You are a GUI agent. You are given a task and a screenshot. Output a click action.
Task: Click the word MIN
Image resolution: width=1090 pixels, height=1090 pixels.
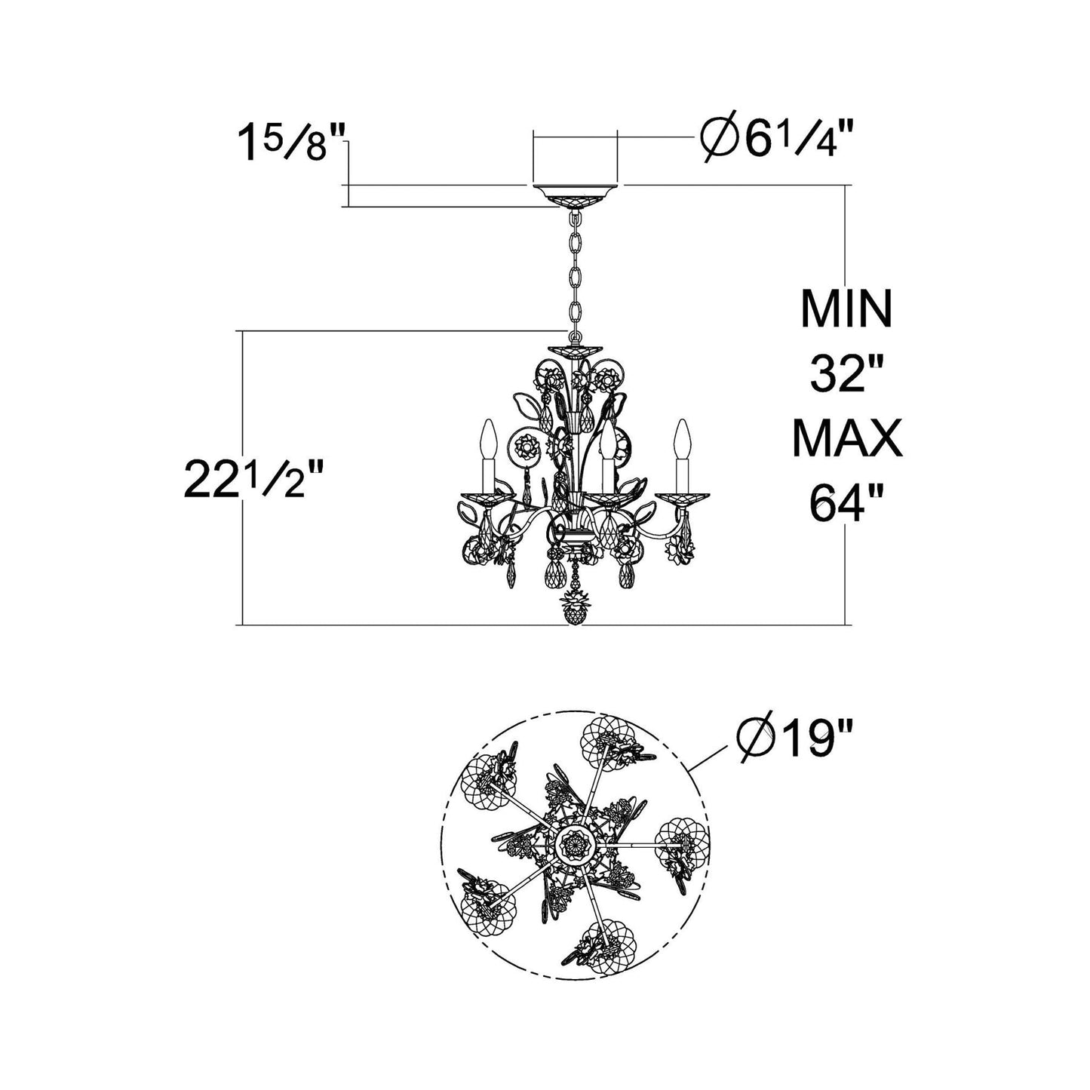point(846,309)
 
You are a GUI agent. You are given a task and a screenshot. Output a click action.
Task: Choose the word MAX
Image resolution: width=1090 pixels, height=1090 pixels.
point(847,438)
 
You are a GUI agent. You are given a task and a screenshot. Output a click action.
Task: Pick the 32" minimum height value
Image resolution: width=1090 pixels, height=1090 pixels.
point(839,374)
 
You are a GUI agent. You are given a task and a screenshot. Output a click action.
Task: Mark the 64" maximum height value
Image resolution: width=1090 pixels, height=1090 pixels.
point(838,503)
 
